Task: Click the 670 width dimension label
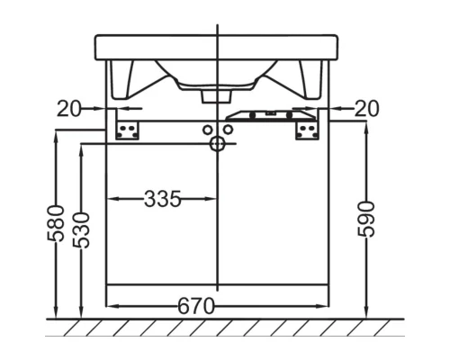[196, 306]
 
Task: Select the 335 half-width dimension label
[163, 199]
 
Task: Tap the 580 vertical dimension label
[56, 223]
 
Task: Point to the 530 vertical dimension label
[81, 230]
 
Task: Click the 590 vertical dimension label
[366, 220]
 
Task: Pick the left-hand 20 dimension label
[68, 108]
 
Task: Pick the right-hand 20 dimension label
[367, 108]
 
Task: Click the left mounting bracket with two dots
[127, 130]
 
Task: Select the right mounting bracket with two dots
[307, 130]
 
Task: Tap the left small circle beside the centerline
[207, 130]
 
